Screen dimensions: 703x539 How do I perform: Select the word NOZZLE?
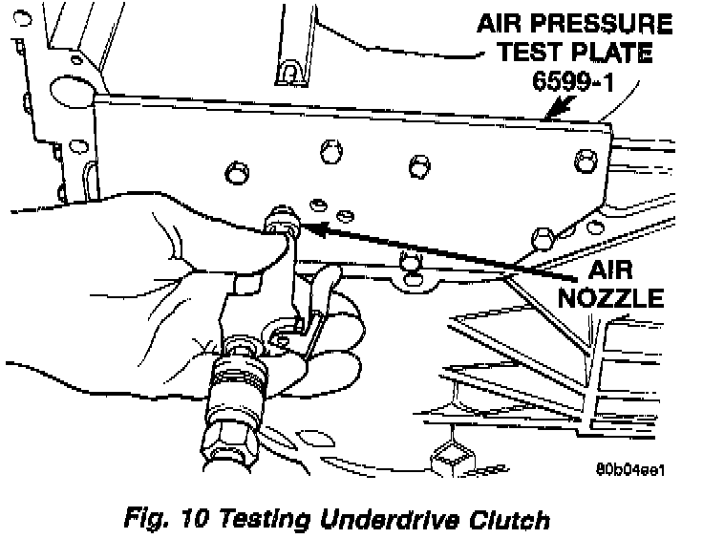[611, 298]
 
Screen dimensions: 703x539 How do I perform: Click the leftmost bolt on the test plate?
[232, 173]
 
